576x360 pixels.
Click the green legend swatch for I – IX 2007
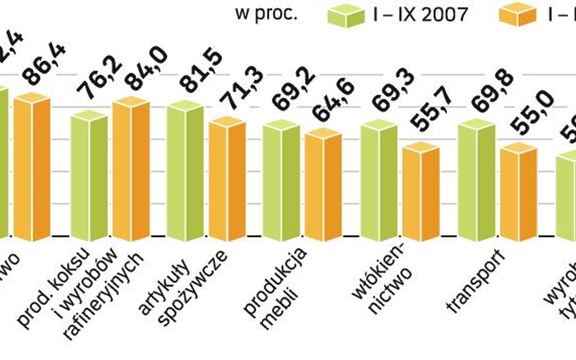(346, 15)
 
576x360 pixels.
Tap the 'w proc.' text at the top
(266, 13)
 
